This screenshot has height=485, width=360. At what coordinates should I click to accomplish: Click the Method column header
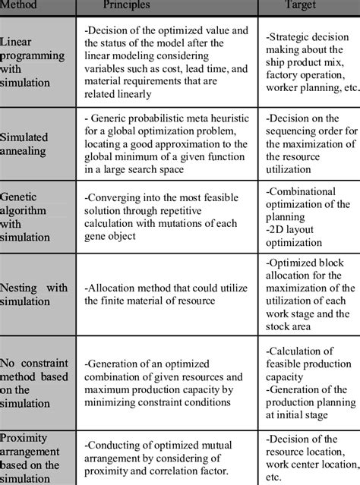21,6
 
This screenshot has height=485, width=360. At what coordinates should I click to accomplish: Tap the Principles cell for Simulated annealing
169,144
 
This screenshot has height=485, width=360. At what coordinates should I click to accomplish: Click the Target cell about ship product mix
310,69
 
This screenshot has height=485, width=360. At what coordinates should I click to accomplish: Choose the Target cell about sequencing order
310,144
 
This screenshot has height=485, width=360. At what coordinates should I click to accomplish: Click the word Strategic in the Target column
291,36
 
